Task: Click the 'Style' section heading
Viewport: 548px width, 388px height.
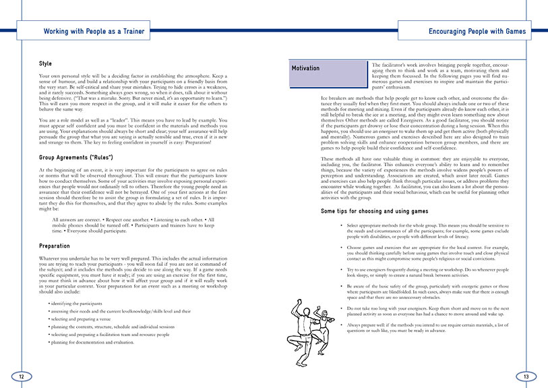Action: click(x=46, y=63)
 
